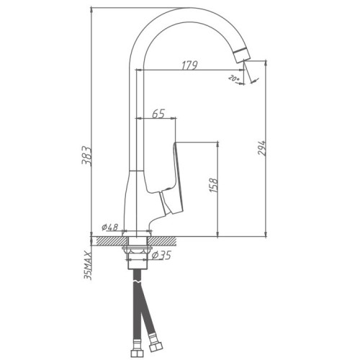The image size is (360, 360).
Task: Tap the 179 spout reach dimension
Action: (189, 66)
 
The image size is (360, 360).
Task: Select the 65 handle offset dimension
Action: (158, 114)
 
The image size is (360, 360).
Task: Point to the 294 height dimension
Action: (262, 148)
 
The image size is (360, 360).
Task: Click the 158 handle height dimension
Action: (213, 185)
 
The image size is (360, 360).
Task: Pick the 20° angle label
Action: (233, 78)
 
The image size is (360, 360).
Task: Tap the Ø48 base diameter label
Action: (109, 227)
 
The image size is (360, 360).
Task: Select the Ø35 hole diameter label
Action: (161, 256)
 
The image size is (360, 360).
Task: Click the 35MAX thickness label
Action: (88, 266)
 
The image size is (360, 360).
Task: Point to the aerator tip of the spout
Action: (243, 55)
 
